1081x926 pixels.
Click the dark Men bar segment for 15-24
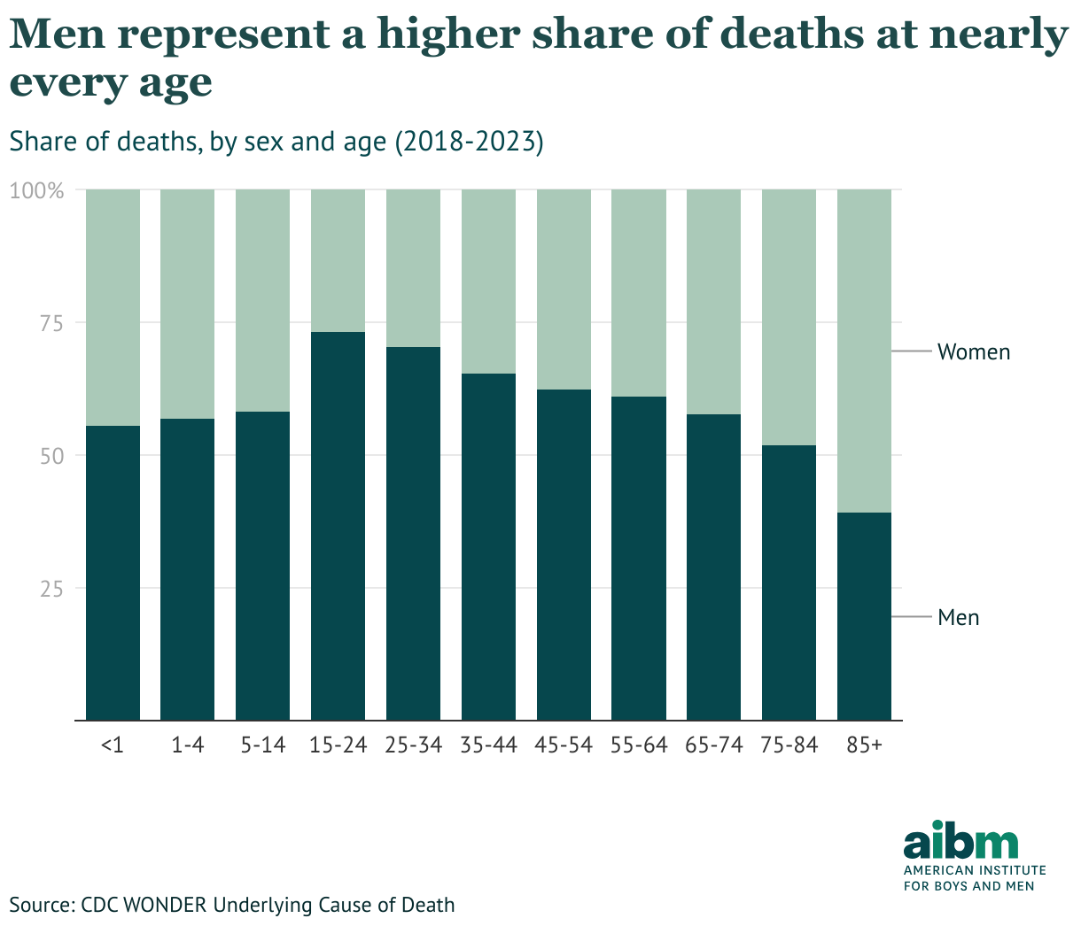tap(338, 526)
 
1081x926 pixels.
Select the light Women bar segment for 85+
tap(864, 351)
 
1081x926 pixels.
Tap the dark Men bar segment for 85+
tap(864, 616)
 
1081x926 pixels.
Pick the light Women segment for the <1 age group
tap(113, 307)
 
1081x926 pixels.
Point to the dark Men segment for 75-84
tap(789, 583)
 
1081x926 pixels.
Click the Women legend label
tap(973, 352)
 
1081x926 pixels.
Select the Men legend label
tap(958, 618)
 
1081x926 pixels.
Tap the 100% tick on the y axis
tap(37, 190)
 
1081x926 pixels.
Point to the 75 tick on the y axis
tap(50, 323)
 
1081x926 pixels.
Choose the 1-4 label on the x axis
tap(188, 745)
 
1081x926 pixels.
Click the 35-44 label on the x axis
tap(488, 745)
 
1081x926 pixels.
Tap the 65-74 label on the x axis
tap(714, 745)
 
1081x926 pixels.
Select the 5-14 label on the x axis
tap(263, 745)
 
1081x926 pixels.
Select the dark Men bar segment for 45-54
tap(564, 554)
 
